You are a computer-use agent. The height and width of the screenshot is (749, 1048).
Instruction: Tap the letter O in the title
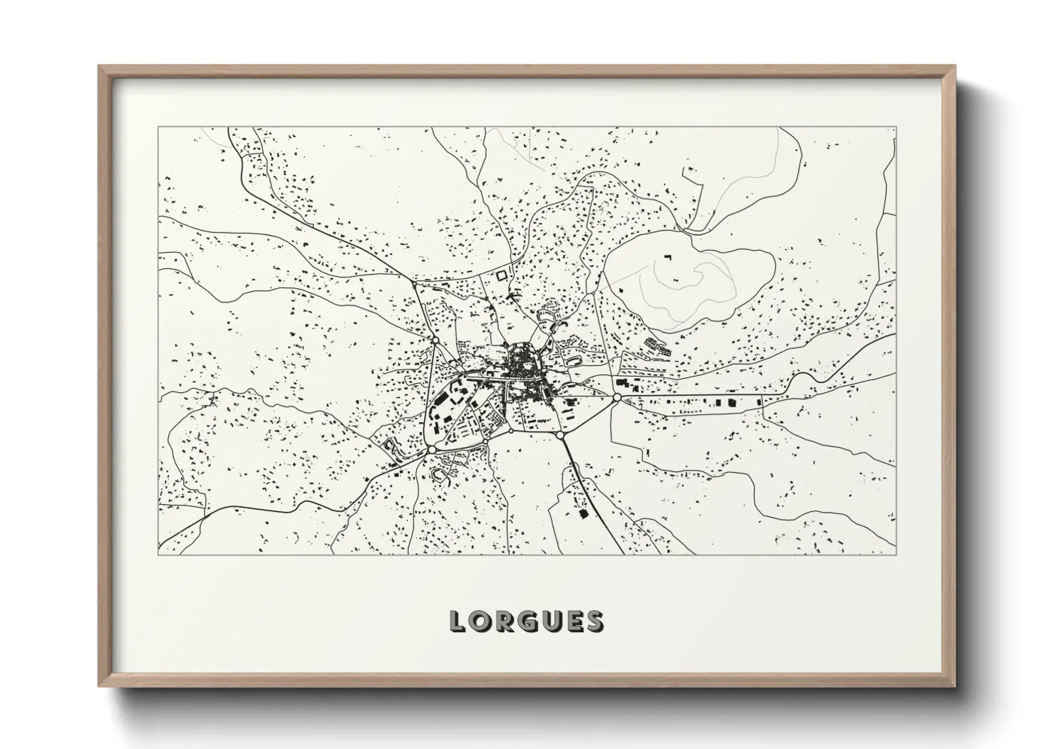(480, 621)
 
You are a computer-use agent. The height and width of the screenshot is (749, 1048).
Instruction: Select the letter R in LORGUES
(503, 621)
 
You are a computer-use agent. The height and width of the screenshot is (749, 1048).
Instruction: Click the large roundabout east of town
(617, 398)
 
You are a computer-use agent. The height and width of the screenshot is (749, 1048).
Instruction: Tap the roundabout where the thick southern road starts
(559, 435)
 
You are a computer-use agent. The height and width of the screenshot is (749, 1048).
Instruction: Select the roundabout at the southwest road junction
(431, 450)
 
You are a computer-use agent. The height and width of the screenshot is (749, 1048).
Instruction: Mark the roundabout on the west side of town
(433, 341)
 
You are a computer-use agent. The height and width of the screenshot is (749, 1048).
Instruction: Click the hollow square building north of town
(502, 274)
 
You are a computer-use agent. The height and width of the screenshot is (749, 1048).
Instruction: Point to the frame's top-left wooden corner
(103, 69)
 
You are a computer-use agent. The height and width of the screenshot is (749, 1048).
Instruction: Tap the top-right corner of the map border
(896, 127)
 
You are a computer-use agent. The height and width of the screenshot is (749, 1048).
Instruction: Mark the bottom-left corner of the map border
(158, 554)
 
